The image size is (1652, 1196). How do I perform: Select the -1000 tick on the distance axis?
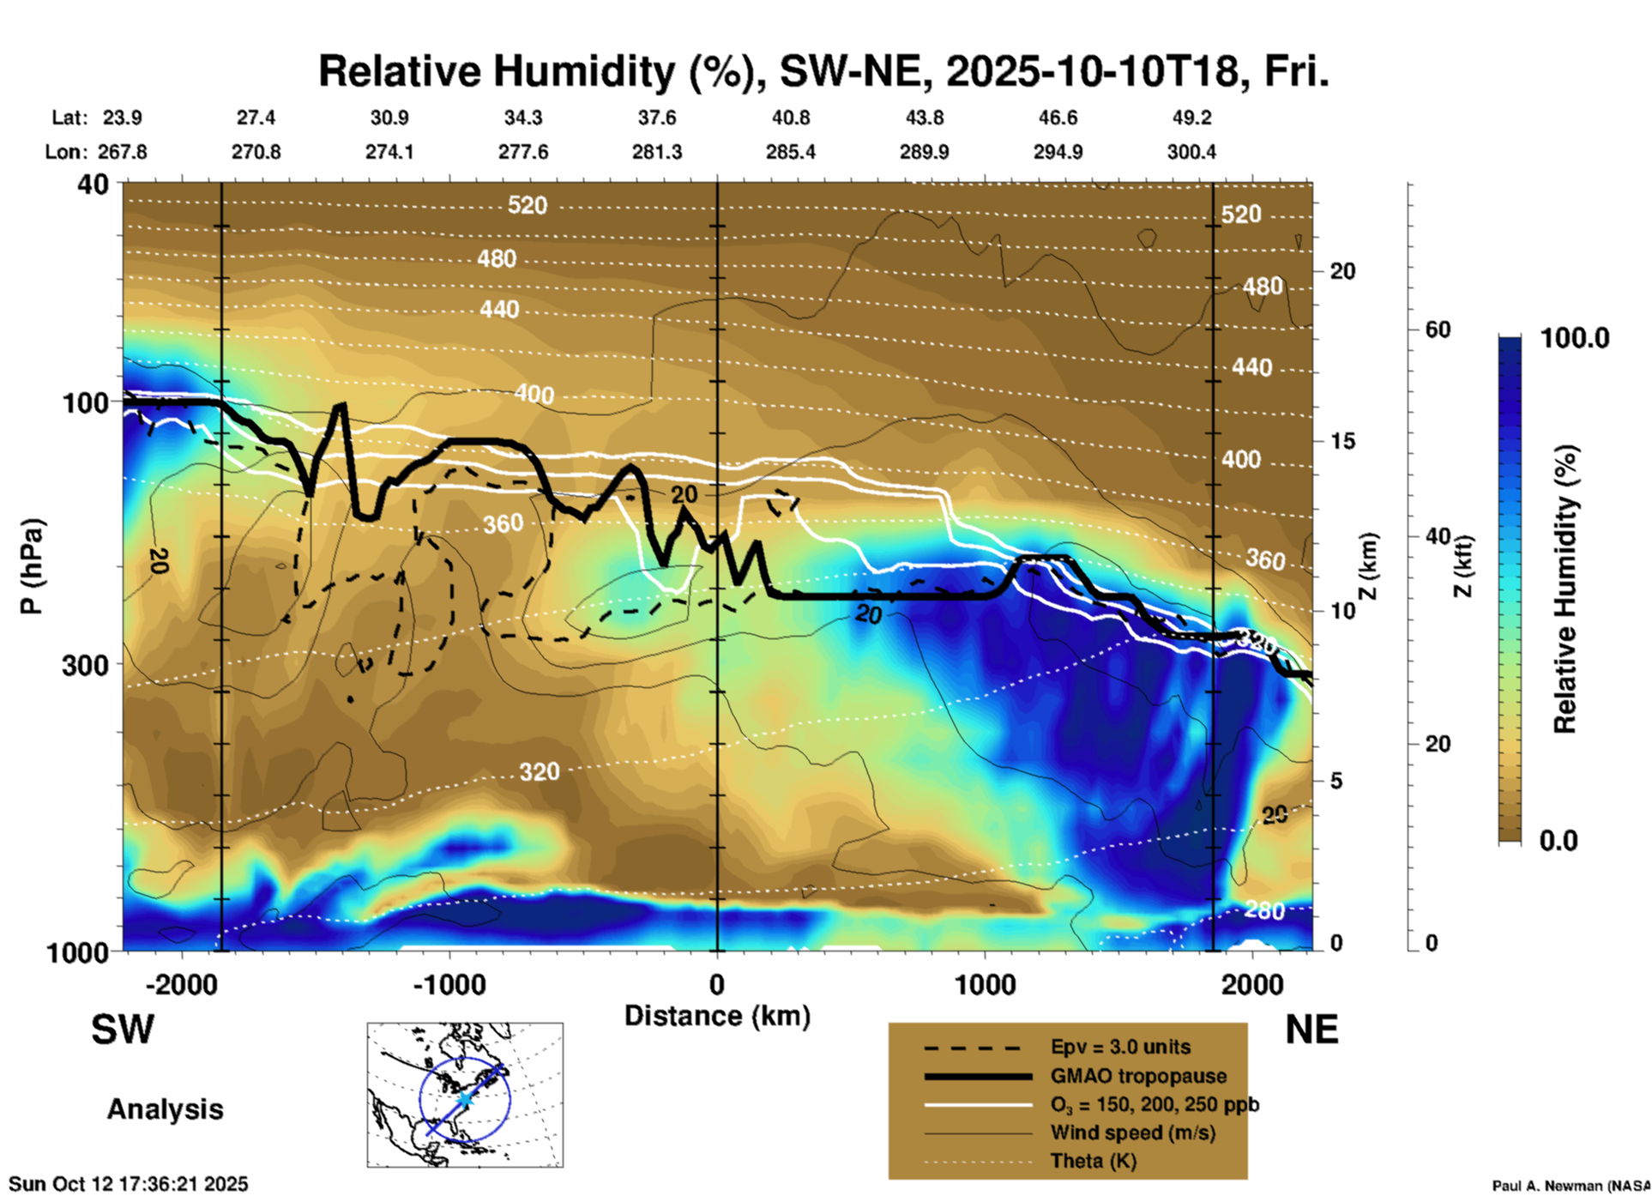pyautogui.click(x=449, y=985)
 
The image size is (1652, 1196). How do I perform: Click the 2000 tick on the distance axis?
pyautogui.click(x=1252, y=985)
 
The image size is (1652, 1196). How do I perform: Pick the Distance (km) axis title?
pyautogui.click(x=717, y=1017)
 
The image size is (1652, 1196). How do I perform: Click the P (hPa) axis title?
pyautogui.click(x=32, y=566)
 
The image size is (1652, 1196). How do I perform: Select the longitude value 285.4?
pyautogui.click(x=790, y=153)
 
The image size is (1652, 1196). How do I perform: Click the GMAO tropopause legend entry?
pyautogui.click(x=1138, y=1076)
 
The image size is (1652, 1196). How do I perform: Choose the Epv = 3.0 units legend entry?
pyautogui.click(x=1120, y=1048)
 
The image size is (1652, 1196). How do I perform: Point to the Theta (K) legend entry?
pyautogui.click(x=1093, y=1162)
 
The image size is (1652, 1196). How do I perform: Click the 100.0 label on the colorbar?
pyautogui.click(x=1575, y=339)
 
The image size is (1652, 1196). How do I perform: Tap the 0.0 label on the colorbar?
pyautogui.click(x=1559, y=841)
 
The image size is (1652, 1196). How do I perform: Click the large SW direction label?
pyautogui.click(x=123, y=1030)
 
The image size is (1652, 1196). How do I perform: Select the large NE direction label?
pyautogui.click(x=1311, y=1030)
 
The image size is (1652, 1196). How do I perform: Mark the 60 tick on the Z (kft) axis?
pyautogui.click(x=1438, y=330)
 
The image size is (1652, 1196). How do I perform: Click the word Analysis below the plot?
pyautogui.click(x=165, y=1109)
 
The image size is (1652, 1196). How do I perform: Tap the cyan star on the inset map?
pyautogui.click(x=464, y=1099)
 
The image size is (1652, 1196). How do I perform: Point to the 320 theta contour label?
pyautogui.click(x=540, y=772)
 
